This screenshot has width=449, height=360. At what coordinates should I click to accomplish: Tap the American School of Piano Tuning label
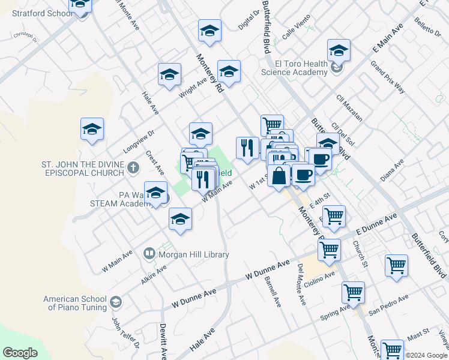click(75, 303)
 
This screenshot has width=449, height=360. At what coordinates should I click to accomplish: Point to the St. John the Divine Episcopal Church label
click(82, 169)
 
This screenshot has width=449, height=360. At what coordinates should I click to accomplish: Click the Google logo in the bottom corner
click(20, 353)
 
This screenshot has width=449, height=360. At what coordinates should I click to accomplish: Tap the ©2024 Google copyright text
click(426, 355)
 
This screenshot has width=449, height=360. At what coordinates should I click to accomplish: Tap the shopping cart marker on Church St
click(396, 266)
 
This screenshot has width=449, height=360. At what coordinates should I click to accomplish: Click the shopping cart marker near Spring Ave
click(353, 293)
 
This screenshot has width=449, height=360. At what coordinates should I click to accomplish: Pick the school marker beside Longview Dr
click(92, 129)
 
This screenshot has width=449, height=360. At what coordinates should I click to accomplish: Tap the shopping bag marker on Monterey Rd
click(279, 176)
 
